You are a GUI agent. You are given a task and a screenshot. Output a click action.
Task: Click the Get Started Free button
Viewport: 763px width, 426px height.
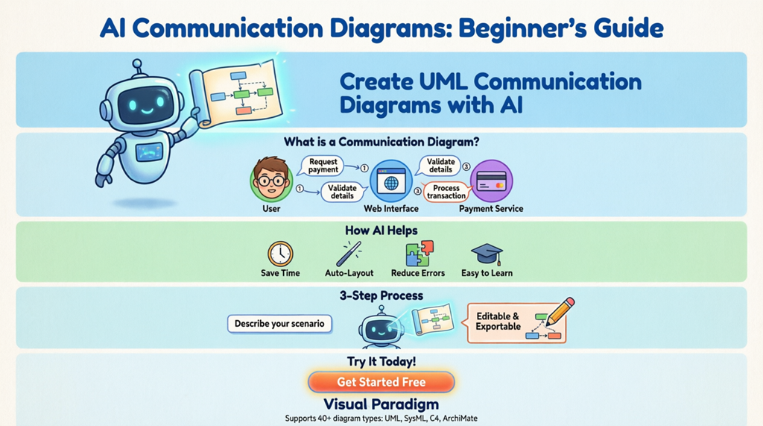coord(381,382)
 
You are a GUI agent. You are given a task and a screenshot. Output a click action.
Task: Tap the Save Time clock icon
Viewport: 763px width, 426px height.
coord(280,254)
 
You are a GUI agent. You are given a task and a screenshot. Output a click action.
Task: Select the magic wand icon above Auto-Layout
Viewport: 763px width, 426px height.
coord(349,254)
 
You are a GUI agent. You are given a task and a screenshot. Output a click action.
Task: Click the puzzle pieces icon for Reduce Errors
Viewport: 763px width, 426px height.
coord(419,254)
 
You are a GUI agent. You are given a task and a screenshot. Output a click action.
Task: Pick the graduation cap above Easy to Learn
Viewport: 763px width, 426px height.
coord(487,254)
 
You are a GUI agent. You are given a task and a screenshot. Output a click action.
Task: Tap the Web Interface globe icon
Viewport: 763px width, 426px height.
coord(391,181)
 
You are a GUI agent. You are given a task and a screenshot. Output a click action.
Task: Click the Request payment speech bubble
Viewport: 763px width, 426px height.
coord(323,166)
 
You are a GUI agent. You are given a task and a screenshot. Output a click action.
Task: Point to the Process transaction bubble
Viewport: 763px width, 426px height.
coord(446,192)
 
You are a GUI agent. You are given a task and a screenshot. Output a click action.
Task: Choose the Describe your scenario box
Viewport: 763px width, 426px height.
coord(279,324)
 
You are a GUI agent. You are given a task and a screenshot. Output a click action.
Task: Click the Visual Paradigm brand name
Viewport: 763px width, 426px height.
coord(381,405)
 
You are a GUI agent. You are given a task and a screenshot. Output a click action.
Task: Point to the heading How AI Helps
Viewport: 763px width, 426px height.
coord(381,231)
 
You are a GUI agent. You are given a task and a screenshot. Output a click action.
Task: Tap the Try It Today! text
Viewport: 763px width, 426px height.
coord(381,362)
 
